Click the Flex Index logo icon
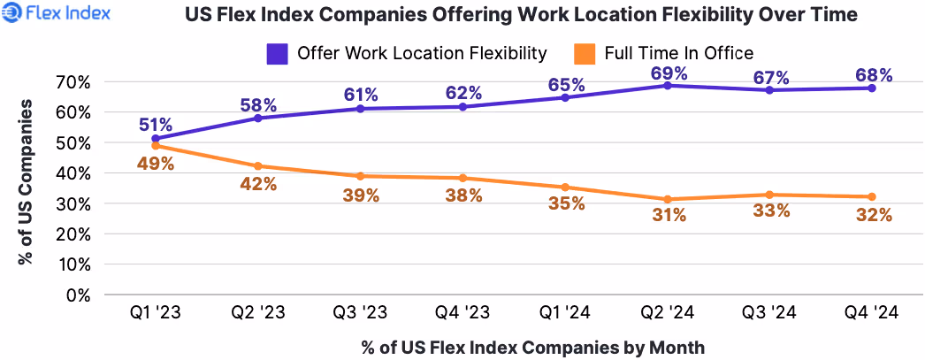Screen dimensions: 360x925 point(13,15)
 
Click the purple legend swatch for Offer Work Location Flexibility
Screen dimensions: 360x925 point(278,54)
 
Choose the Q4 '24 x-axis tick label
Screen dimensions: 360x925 point(871,314)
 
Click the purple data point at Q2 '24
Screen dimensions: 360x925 point(668,85)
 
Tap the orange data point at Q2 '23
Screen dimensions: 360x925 point(258,166)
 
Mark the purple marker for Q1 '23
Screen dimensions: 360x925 point(156,139)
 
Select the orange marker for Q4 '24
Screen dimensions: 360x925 point(871,196)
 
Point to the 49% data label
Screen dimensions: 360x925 point(155,163)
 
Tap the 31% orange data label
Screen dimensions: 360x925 point(668,216)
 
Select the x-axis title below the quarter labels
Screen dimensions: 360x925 point(533,347)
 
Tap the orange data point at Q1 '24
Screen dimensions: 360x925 point(566,188)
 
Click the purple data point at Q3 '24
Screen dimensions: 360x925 point(769,90)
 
